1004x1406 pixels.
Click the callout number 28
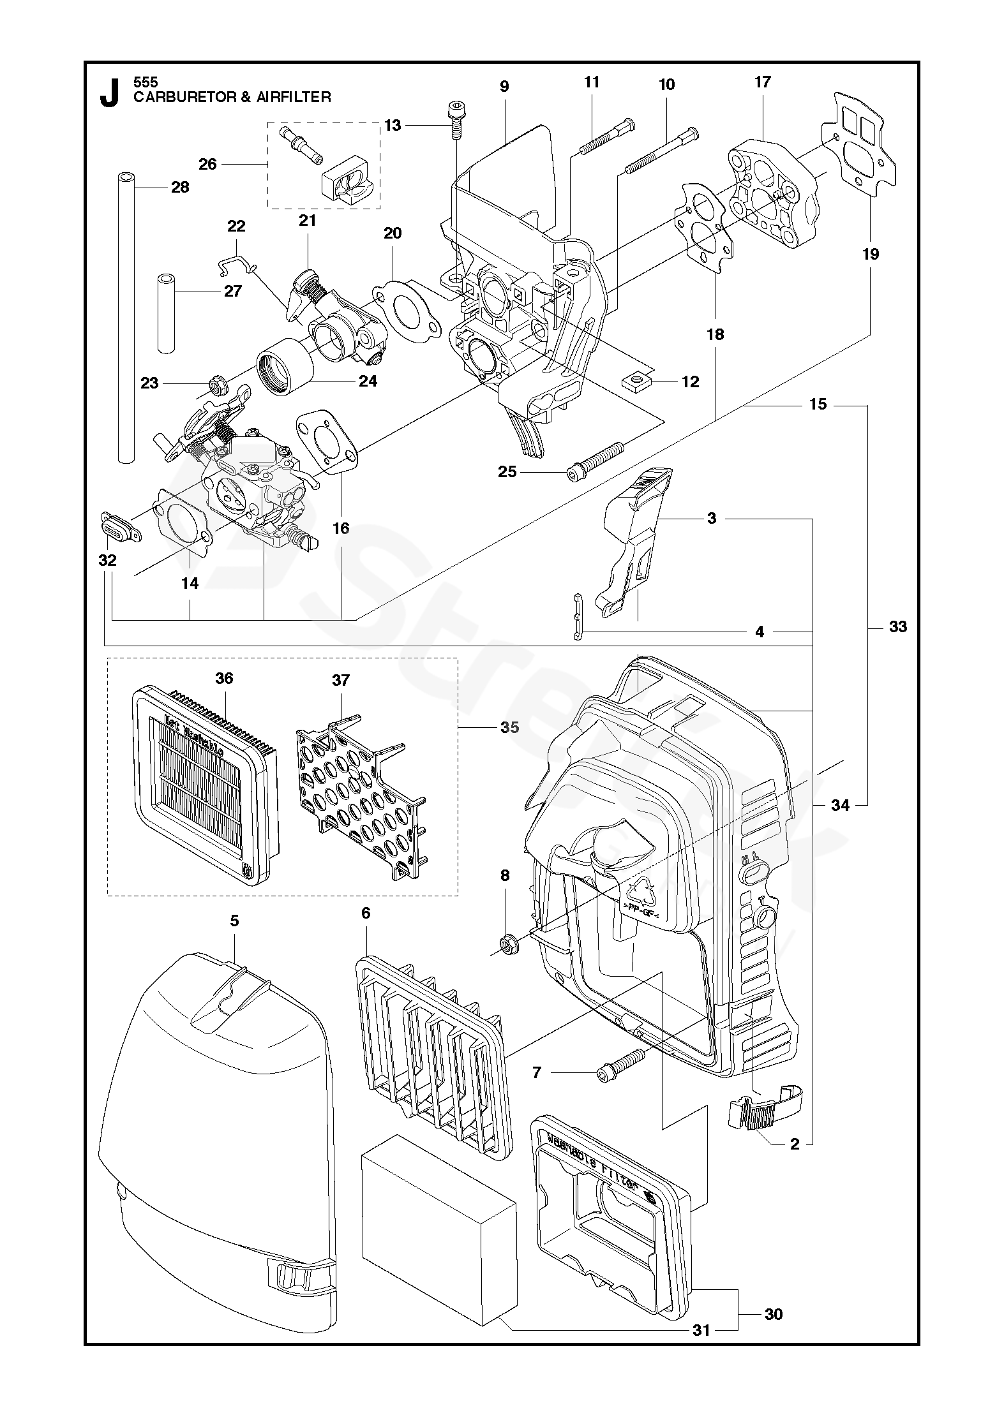[x=181, y=187]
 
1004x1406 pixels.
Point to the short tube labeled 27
[x=167, y=313]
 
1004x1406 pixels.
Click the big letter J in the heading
[x=110, y=93]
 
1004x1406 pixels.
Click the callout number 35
[x=510, y=727]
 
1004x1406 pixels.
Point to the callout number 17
[x=762, y=82]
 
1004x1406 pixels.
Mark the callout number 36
[x=224, y=678]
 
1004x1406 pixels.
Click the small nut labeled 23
[x=217, y=384]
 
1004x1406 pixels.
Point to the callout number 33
[x=897, y=627]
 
